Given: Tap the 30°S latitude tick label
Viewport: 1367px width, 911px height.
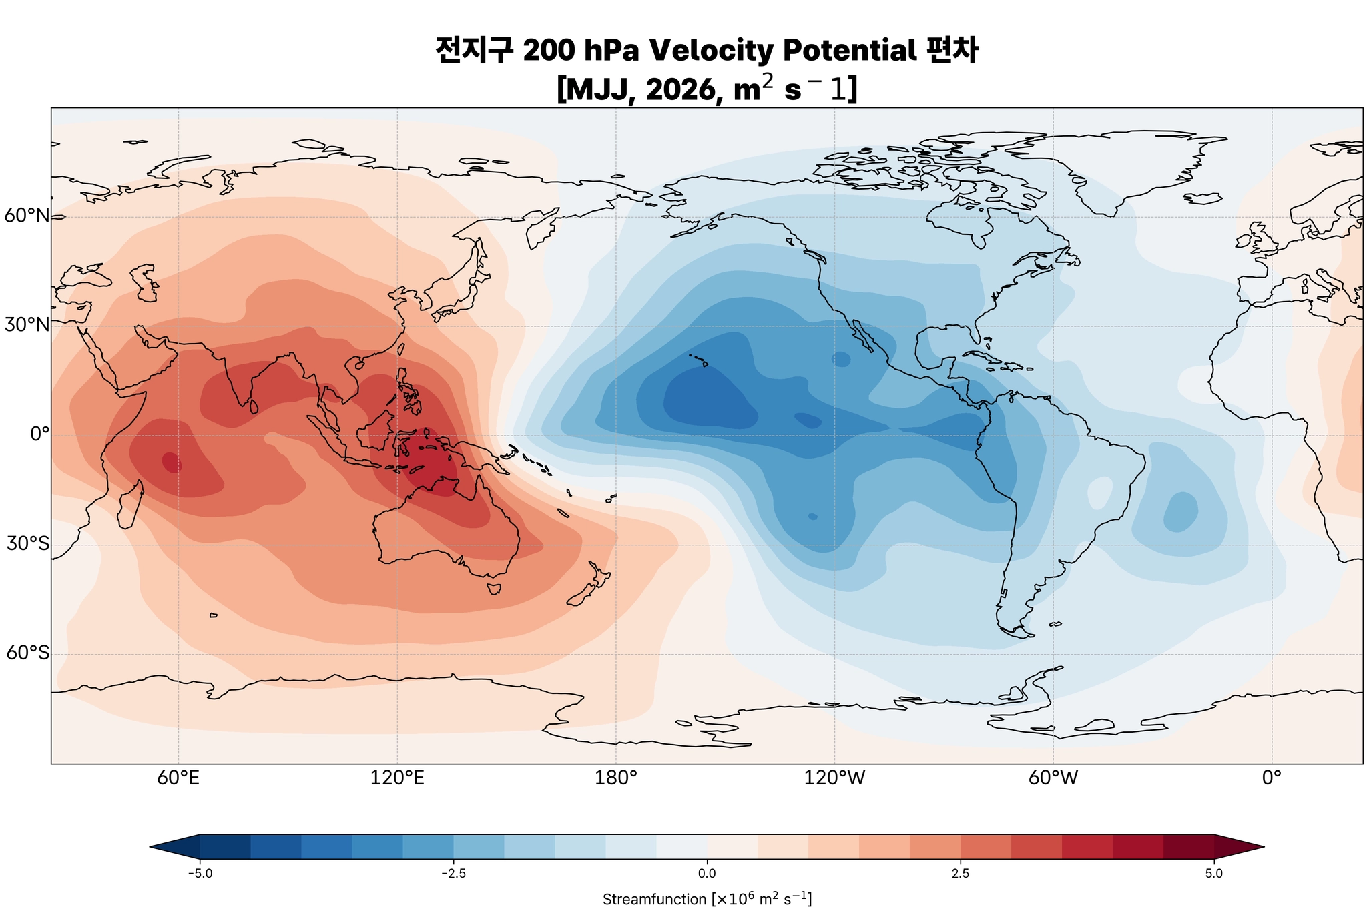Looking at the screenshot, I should (27, 544).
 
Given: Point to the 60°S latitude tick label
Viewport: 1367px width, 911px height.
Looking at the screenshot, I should (27, 653).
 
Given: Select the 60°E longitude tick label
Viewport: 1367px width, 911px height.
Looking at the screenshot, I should (178, 778).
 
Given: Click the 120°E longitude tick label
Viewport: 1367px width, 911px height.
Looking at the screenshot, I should (397, 778).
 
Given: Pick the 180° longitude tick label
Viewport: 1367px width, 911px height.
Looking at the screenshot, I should (615, 778).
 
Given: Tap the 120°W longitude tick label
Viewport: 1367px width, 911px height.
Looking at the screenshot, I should (834, 778).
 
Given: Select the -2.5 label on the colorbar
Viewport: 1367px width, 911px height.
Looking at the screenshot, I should (453, 874).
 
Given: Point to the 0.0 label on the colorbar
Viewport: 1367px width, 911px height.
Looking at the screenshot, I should (707, 874).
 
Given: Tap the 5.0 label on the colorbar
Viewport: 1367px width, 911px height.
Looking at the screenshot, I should (1214, 874).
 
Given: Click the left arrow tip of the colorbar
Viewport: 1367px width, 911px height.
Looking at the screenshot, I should (152, 847).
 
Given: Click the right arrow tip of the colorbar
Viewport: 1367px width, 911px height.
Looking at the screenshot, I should (1263, 847).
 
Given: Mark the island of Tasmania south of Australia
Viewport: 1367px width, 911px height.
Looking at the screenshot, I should (494, 589).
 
